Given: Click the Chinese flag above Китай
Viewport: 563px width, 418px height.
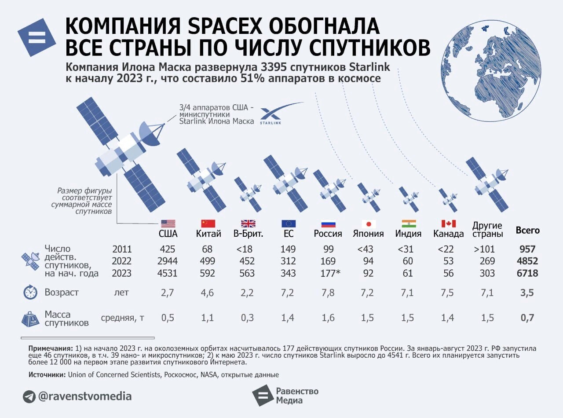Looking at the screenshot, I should pos(208,224).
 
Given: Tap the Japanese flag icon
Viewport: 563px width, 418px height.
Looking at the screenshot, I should pos(368,224).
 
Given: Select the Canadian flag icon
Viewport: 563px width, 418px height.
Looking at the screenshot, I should pos(448,224).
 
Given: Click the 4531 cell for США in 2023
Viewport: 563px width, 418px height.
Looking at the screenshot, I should pos(167,273).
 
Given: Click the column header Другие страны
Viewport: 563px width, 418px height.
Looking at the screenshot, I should pos(487,230).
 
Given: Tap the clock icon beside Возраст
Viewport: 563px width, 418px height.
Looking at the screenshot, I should pos(30,293).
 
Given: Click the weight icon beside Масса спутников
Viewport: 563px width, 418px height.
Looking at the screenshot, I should pos(30,319).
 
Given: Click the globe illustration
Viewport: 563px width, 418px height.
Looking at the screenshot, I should pos(490,71).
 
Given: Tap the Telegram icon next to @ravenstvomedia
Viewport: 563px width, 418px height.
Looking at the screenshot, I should pos(29,396).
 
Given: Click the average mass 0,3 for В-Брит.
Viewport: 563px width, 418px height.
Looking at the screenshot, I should pos(247,318).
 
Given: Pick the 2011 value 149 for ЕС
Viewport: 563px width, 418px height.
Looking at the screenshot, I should pos(288,249).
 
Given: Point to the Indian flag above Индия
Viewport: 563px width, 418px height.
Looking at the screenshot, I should pos(409,224).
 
